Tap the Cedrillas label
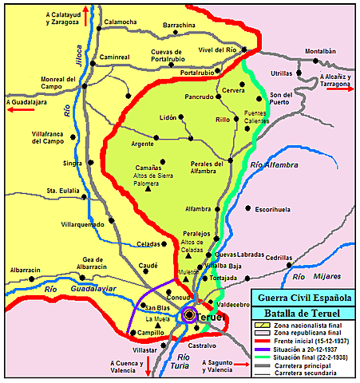click(x=279, y=258)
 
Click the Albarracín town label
click(x=25, y=270)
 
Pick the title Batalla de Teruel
click(x=306, y=314)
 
